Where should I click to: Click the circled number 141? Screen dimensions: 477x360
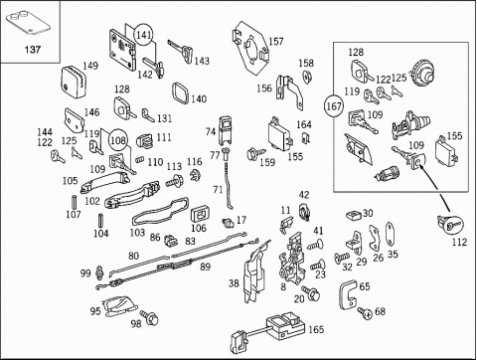[144, 34]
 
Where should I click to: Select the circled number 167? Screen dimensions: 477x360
[334, 106]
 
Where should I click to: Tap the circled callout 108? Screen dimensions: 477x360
[117, 140]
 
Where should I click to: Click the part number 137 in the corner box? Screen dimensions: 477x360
[33, 50]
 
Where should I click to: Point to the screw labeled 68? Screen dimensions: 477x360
[365, 312]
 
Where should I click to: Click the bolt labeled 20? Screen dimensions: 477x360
[311, 292]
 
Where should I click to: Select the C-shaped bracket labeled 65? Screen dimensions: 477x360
[348, 294]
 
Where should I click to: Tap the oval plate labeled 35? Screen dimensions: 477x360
[390, 234]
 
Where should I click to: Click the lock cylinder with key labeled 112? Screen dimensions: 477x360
[450, 224]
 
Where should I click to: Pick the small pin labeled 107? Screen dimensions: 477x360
[75, 202]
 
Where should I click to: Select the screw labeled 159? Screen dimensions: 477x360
[256, 153]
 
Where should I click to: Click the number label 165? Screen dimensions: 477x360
[316, 329]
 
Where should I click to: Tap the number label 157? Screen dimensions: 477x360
[276, 42]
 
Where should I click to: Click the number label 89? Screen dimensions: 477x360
[206, 267]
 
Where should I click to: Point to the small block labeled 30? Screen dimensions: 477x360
[354, 216]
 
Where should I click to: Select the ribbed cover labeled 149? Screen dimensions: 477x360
[74, 83]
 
